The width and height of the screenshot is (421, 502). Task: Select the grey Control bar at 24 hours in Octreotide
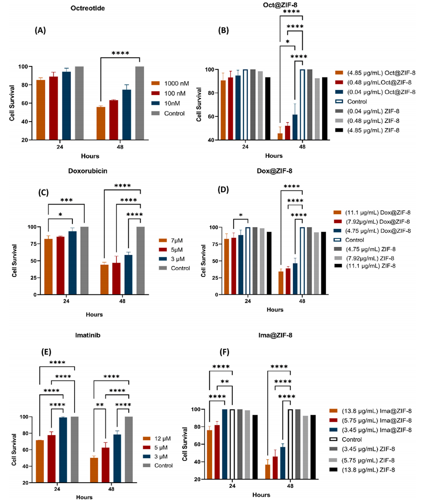click(79, 103)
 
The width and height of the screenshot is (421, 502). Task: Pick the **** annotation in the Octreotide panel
click(120, 53)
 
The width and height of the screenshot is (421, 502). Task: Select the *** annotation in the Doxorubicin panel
click(66, 200)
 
